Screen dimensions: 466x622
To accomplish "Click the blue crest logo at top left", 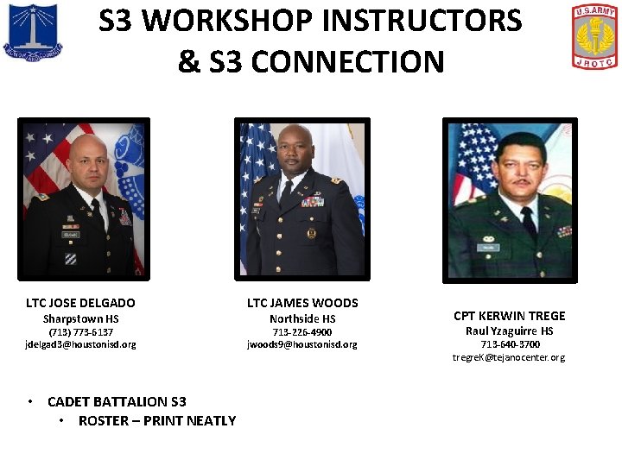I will (x=32, y=32).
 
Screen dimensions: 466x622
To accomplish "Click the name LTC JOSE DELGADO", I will (x=80, y=303).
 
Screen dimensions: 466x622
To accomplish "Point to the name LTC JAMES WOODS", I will (x=302, y=303).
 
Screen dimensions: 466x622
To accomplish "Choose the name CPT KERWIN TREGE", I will (x=509, y=316).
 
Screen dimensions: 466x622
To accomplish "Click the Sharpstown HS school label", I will (x=80, y=318).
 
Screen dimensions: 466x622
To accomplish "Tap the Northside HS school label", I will (x=302, y=318).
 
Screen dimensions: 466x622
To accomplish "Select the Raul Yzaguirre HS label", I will (x=509, y=331).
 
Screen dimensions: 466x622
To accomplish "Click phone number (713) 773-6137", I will (x=80, y=332).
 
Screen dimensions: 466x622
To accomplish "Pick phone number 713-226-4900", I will (x=302, y=332).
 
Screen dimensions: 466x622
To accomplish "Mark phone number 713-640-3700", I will (x=509, y=344).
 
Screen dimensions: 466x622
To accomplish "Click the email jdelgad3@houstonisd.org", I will (x=80, y=344).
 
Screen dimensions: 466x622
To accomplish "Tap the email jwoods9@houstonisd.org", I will (x=302, y=344).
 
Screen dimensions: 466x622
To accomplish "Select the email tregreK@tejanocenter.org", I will (x=509, y=357).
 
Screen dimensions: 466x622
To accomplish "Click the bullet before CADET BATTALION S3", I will (x=30, y=401).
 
